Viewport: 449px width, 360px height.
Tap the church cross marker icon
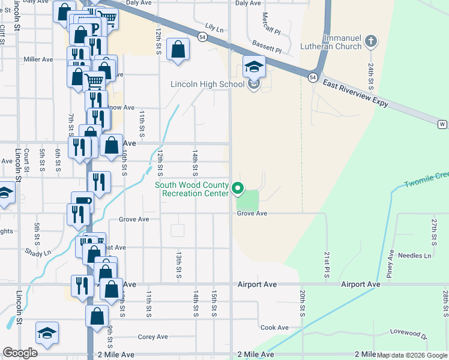click(371, 41)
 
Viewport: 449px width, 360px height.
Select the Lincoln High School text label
click(207, 85)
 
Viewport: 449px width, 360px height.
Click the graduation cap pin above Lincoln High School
click(254, 67)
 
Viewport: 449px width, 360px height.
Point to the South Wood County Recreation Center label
click(192, 189)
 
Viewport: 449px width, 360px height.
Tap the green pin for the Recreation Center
click(238, 189)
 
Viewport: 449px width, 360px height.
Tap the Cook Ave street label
click(274, 328)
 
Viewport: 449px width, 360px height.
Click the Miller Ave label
click(38, 59)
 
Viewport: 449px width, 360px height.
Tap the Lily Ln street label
click(214, 28)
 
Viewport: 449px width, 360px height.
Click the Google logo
click(20, 353)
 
